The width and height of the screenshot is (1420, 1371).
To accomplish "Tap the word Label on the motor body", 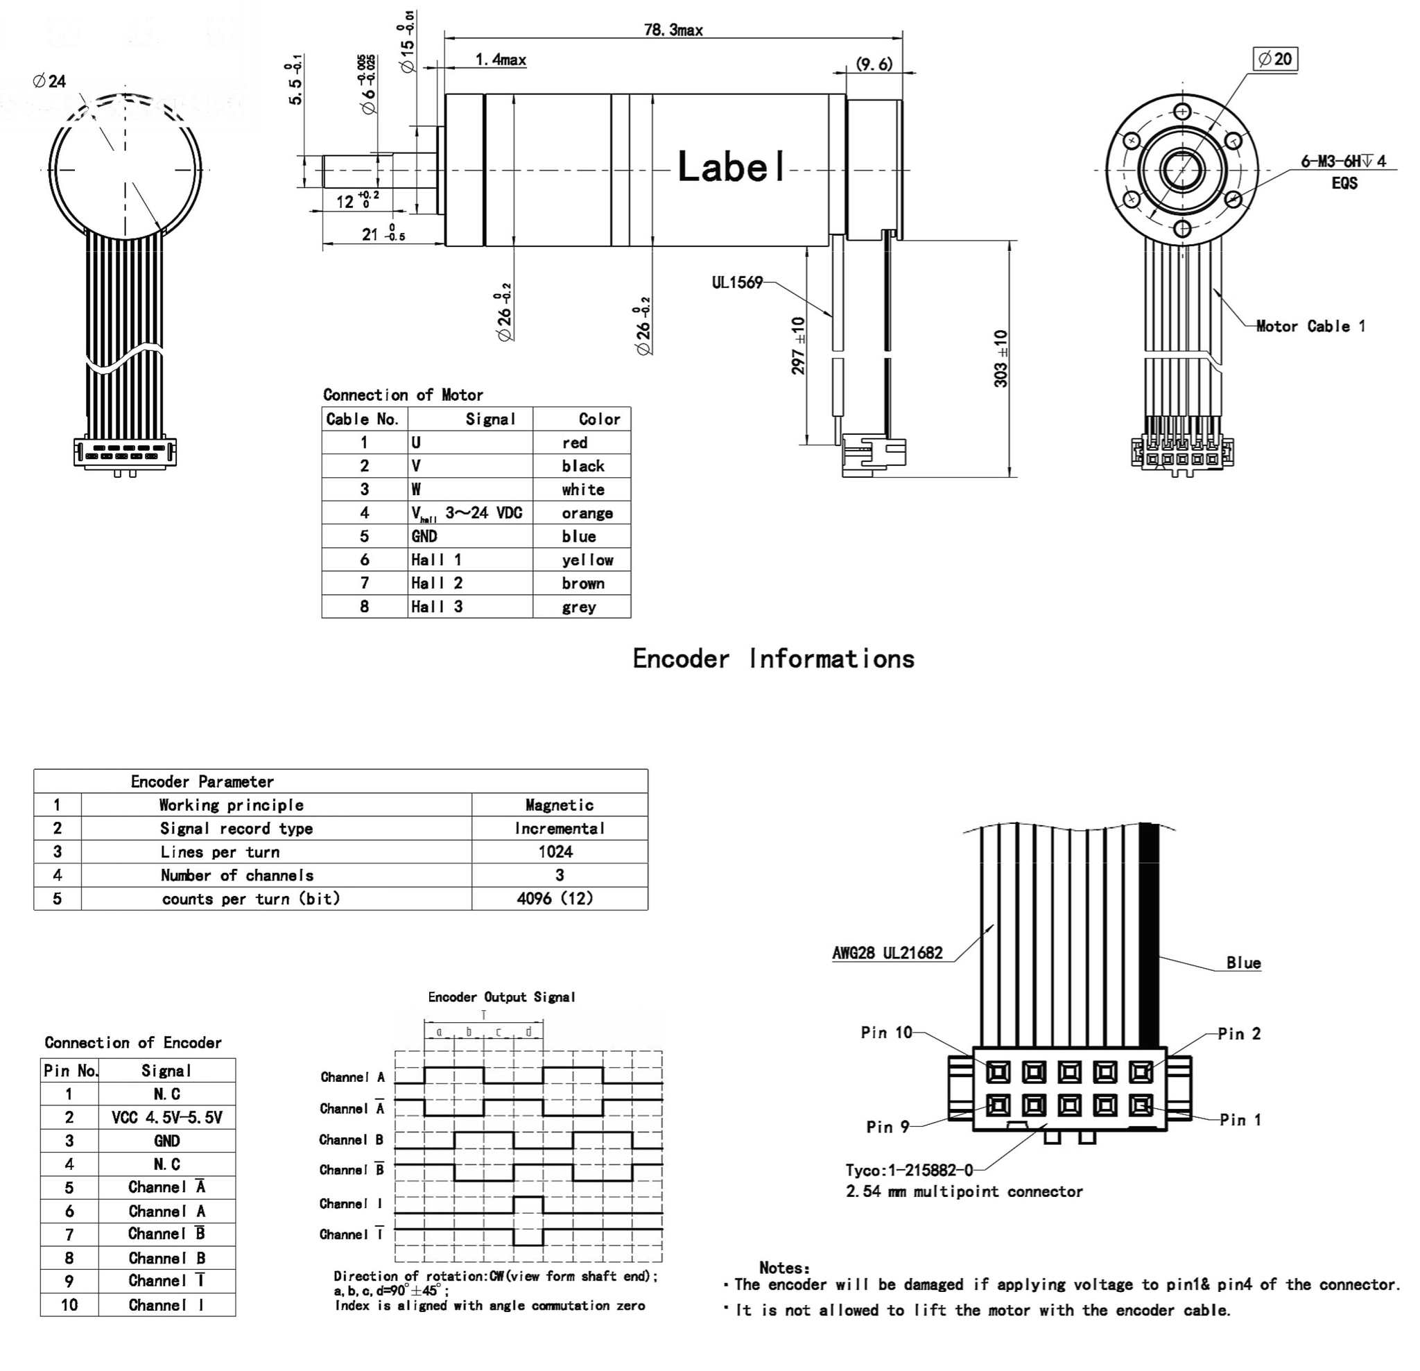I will pyautogui.click(x=731, y=166).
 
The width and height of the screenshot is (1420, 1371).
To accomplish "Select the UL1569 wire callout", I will pyautogui.click(x=737, y=283).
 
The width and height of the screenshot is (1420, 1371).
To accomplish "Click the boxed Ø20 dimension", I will pyautogui.click(x=1275, y=59).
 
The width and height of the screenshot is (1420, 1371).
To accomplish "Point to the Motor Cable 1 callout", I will pyautogui.click(x=1310, y=326).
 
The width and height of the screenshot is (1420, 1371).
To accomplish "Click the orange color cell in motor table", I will pyautogui.click(x=587, y=513).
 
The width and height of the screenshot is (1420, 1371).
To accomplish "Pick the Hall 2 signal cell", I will pyautogui.click(x=436, y=583).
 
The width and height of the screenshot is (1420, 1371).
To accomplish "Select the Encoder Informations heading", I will pyautogui.click(x=773, y=659).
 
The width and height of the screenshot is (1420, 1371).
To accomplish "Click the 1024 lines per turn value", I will pyautogui.click(x=555, y=852).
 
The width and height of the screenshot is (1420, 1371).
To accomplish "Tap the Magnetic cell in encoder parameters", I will pyautogui.click(x=560, y=805).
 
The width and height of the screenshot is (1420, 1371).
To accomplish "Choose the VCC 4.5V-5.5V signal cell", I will pyautogui.click(x=166, y=1117).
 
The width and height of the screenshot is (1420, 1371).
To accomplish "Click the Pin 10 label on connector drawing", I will pyautogui.click(x=886, y=1032).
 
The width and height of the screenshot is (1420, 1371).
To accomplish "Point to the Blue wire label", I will pyautogui.click(x=1243, y=963).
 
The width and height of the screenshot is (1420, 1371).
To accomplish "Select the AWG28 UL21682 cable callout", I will pyautogui.click(x=887, y=953).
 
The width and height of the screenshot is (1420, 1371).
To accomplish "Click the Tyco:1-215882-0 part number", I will pyautogui.click(x=909, y=1171).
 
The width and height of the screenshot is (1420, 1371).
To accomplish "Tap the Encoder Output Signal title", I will pyautogui.click(x=501, y=997).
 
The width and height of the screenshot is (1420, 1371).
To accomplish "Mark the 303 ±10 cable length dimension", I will pyautogui.click(x=1001, y=359).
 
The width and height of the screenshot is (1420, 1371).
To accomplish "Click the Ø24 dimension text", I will pyautogui.click(x=49, y=81).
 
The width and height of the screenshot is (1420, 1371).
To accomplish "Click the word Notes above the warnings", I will pyautogui.click(x=784, y=1268).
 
